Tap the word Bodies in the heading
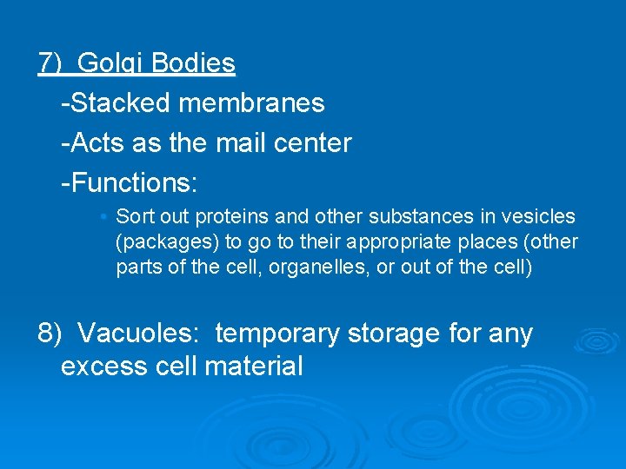click(192, 64)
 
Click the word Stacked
click(122, 103)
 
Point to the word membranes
click(251, 103)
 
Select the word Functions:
click(130, 183)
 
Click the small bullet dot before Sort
click(103, 215)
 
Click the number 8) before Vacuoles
click(50, 334)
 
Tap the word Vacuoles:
click(140, 334)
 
